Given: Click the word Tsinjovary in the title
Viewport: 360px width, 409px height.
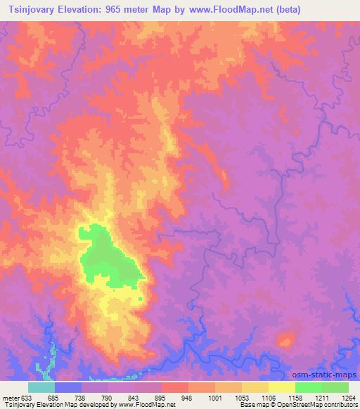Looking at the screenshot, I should point(34,10).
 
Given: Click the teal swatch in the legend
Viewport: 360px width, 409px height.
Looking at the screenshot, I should point(41,387).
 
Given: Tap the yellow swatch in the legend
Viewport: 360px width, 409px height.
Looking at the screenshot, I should point(282,387).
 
